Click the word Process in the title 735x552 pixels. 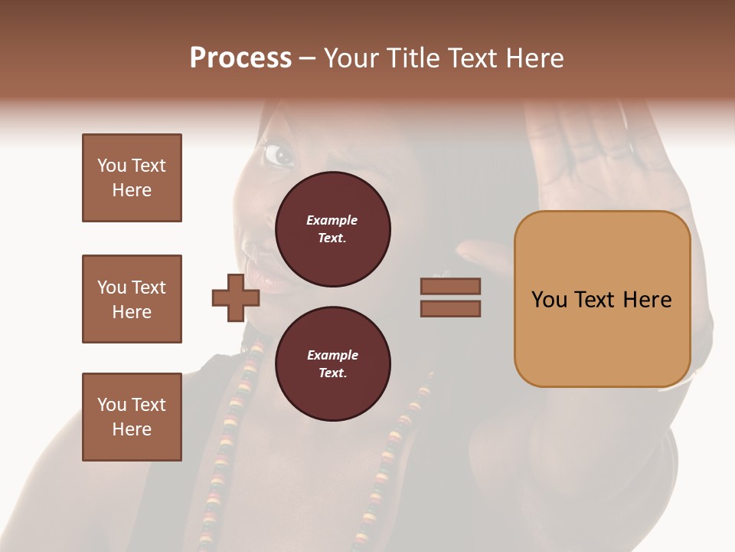click(x=240, y=58)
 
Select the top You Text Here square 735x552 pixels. click(x=132, y=178)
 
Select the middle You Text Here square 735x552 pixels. click(x=132, y=299)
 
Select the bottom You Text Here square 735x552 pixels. click(x=132, y=417)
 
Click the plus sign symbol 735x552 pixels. click(x=235, y=297)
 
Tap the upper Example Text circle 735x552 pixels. click(x=332, y=229)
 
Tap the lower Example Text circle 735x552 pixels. click(x=332, y=364)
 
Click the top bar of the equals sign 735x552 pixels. click(x=450, y=287)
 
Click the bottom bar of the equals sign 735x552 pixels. click(x=450, y=309)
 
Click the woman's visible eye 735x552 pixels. click(x=279, y=156)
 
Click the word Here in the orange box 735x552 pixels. click(x=647, y=300)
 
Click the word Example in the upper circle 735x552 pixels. click(x=332, y=220)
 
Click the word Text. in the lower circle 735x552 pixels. click(x=332, y=373)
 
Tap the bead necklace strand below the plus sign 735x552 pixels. click(x=229, y=429)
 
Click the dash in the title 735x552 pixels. click(x=307, y=58)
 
